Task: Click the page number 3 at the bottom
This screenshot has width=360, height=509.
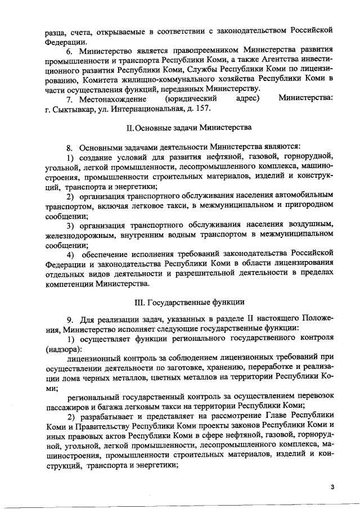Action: (332, 487)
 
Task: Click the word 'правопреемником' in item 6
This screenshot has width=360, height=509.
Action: (176, 49)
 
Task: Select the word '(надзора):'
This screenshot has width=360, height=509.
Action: (66, 348)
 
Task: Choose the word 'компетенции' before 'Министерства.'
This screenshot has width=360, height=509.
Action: (70, 283)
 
